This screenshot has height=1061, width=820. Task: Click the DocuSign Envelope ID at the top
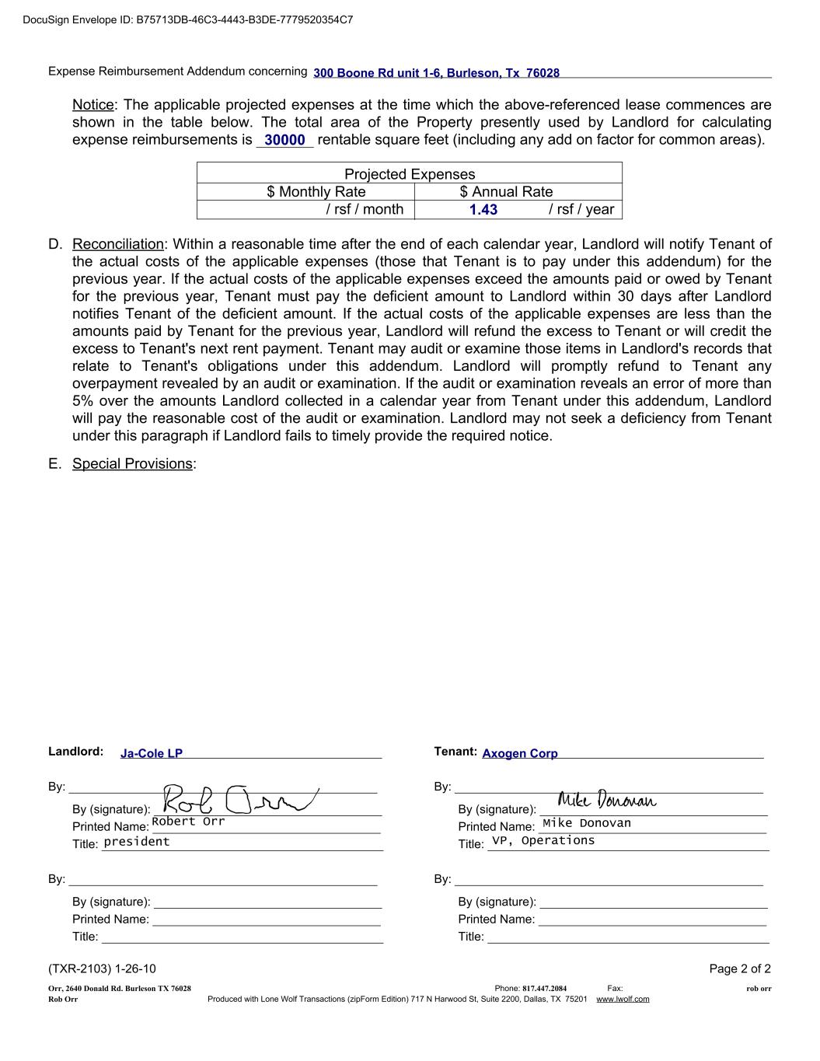[188, 19]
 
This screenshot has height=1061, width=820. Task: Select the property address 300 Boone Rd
[436, 73]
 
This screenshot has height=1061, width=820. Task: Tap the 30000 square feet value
[284, 141]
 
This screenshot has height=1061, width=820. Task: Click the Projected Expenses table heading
[410, 174]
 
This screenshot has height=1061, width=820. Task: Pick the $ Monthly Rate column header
[316, 192]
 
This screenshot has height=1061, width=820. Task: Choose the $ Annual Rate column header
[506, 192]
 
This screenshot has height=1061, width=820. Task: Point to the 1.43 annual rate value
[483, 210]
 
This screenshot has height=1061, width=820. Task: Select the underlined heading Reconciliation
[118, 244]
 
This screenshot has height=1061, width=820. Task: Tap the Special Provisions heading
[132, 464]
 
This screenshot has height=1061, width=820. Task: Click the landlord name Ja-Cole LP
[152, 753]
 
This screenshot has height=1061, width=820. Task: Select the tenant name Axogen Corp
[520, 753]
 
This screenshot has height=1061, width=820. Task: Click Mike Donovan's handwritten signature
[607, 801]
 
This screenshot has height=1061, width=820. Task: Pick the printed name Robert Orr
[188, 822]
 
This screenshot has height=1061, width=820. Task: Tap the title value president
[137, 842]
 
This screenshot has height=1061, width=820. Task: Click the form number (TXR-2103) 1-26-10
[102, 969]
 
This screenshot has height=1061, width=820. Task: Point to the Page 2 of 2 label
[740, 969]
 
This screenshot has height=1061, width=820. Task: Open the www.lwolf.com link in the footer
[623, 1000]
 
